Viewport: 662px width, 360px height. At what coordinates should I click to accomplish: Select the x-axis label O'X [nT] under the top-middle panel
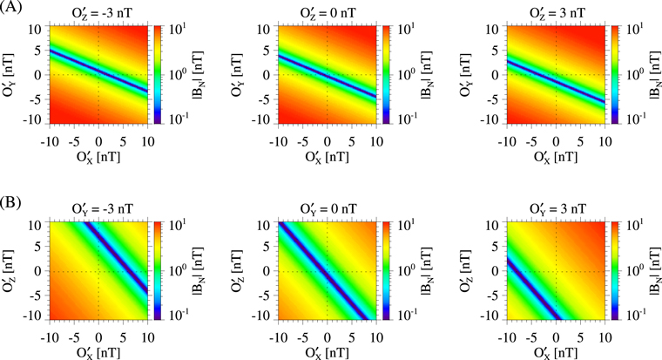(x=327, y=157)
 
